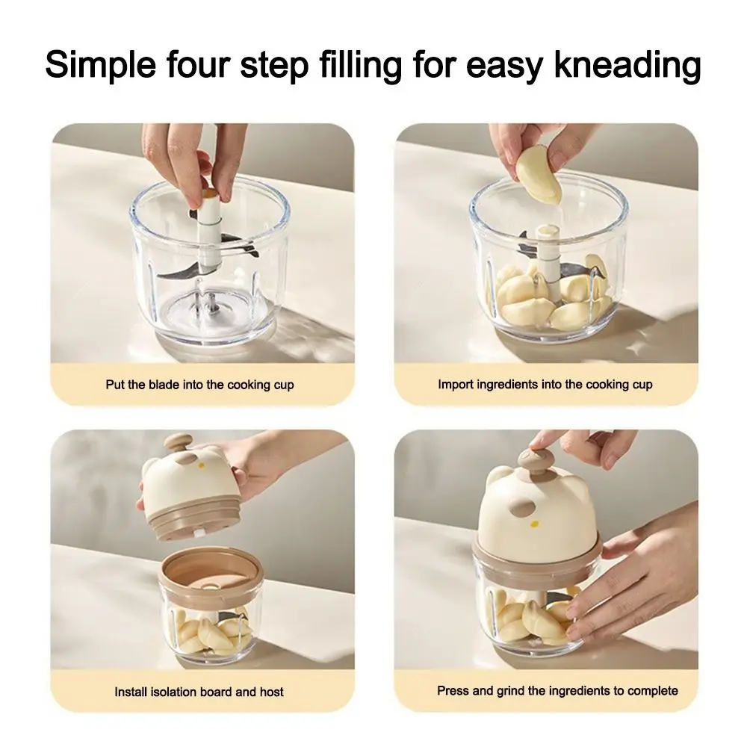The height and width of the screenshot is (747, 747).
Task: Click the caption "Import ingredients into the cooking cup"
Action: tap(545, 385)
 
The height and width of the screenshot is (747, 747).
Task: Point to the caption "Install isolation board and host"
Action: tap(199, 692)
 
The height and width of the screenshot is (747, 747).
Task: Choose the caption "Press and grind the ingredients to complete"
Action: tap(557, 690)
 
